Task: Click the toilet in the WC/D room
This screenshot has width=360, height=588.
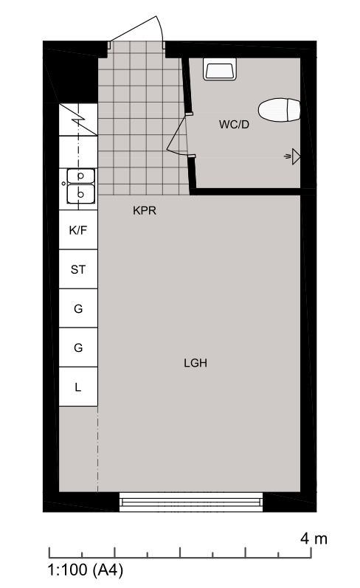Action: (x=279, y=110)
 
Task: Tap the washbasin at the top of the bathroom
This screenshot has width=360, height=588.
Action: (x=220, y=69)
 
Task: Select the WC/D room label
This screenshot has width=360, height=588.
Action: (x=234, y=125)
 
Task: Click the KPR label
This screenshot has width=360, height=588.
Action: (x=145, y=210)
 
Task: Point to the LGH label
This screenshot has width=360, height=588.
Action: (x=195, y=363)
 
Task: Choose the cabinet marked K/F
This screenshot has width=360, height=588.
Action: (x=78, y=229)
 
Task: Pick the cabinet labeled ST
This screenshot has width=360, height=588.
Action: (x=78, y=269)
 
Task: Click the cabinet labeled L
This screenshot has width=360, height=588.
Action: (x=78, y=387)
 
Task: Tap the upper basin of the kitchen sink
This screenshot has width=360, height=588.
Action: (x=80, y=176)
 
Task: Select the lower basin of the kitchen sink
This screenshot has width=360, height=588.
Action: (x=80, y=194)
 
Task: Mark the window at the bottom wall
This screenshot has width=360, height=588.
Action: (x=191, y=502)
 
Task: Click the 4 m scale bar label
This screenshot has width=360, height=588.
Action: (x=314, y=539)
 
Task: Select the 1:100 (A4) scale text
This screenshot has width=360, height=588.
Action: (x=86, y=570)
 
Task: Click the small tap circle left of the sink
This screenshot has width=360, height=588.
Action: (x=63, y=184)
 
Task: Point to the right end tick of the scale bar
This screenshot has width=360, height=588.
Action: (x=311, y=553)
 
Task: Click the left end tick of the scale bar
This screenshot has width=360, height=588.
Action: (x=49, y=553)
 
